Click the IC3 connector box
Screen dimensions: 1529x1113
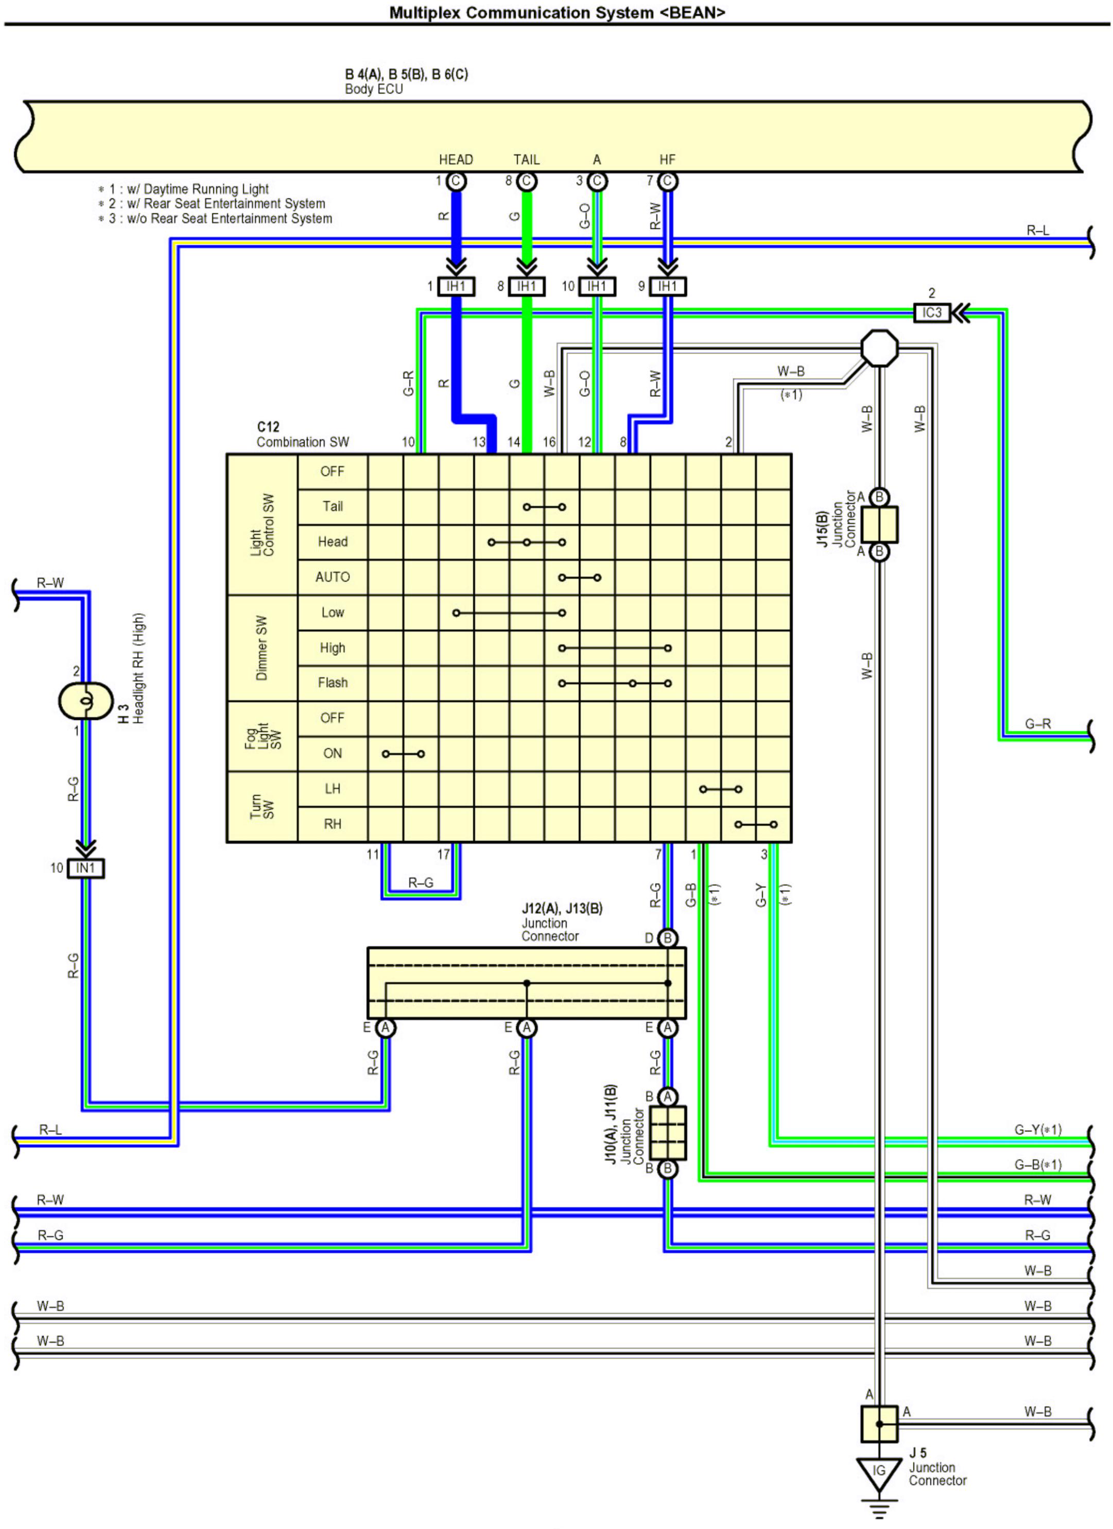[932, 313]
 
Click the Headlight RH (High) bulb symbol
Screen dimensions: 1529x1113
[85, 701]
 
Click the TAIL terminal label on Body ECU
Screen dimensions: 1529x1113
[527, 160]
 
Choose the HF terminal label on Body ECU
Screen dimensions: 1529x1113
[667, 160]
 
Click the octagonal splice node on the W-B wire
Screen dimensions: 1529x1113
[880, 349]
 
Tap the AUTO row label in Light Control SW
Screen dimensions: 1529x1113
[333, 577]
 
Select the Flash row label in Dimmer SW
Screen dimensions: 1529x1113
[333, 683]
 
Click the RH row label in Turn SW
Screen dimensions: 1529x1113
[333, 824]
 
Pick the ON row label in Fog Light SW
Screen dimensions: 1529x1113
[333, 753]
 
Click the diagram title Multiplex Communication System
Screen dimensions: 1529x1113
[557, 12]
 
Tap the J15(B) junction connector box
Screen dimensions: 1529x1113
[879, 525]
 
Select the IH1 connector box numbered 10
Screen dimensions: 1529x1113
[597, 287]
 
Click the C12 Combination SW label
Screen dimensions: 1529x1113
[303, 435]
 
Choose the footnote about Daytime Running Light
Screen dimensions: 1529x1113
[183, 189]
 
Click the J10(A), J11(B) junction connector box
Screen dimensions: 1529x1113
[667, 1133]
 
